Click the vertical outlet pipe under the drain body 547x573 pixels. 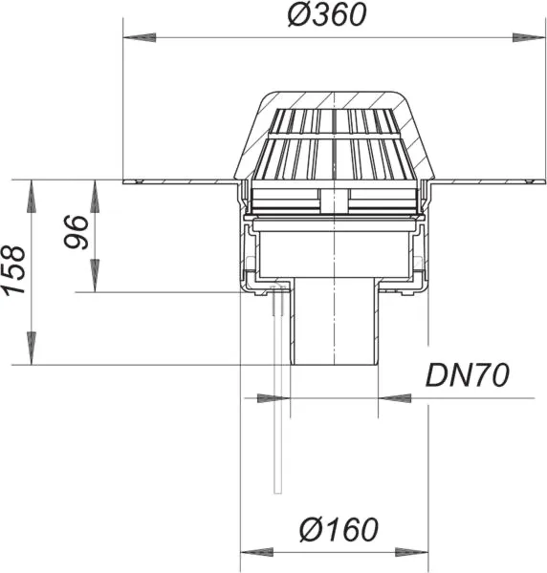tap(334, 329)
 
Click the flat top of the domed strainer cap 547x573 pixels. tap(334, 94)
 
